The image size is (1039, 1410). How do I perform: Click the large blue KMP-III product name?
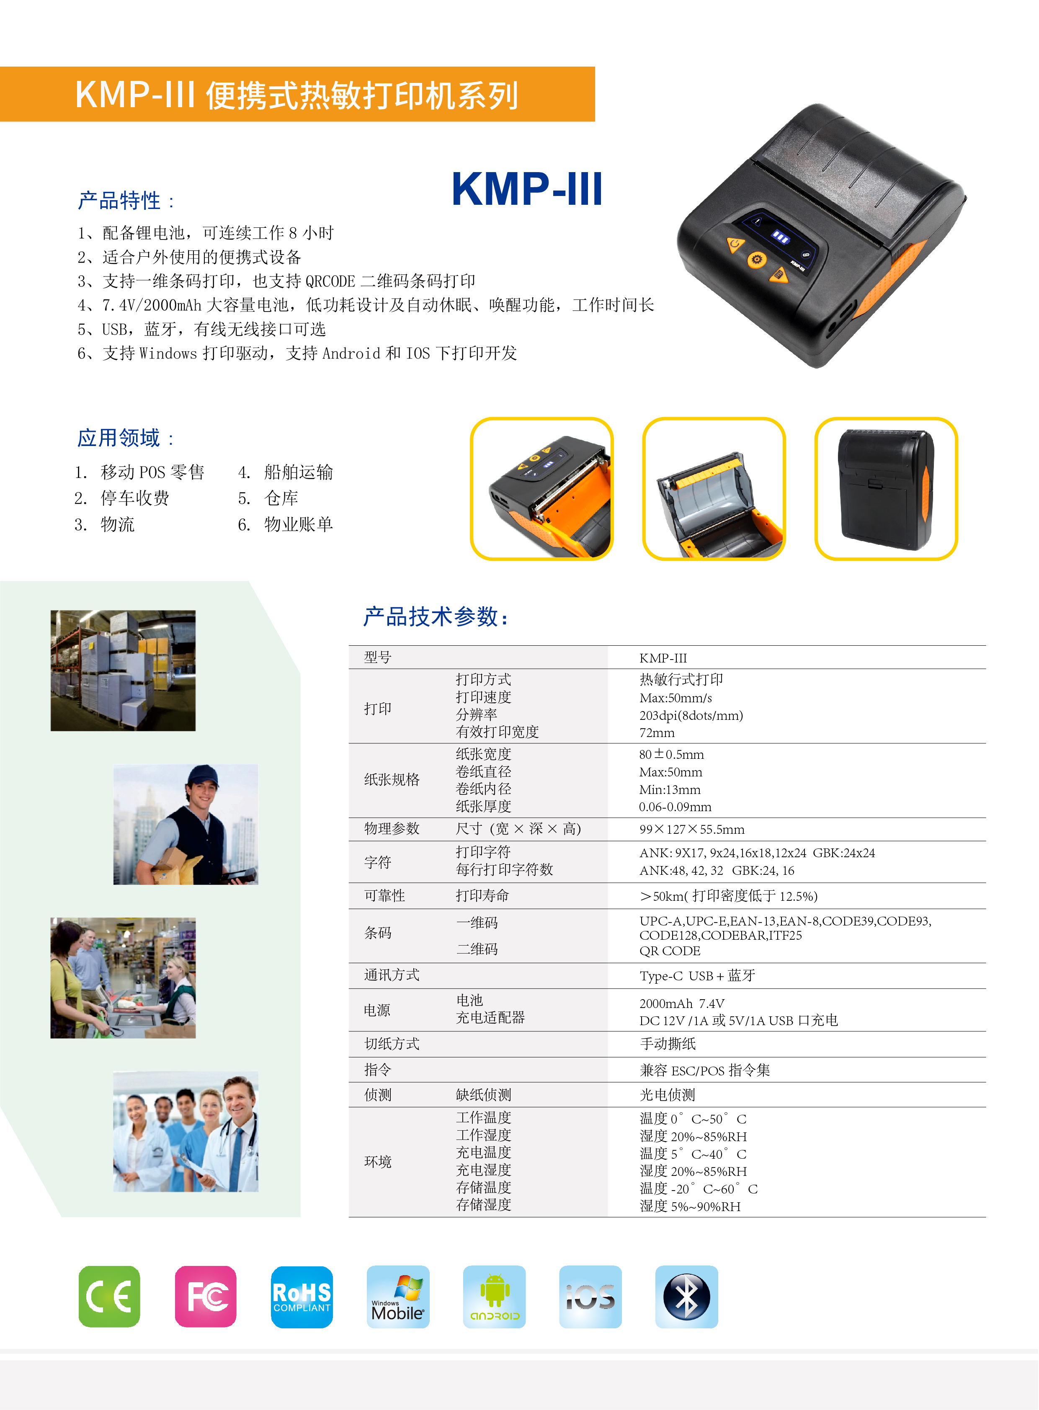(x=527, y=189)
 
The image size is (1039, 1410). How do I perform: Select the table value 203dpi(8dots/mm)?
(x=691, y=715)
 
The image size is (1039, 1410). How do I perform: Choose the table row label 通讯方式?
(x=392, y=975)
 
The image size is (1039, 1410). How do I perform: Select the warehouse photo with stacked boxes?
(x=123, y=670)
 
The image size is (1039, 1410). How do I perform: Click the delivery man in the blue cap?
(x=185, y=825)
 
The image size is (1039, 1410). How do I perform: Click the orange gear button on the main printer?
(x=757, y=259)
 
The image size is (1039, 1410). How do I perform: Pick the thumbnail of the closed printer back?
(x=886, y=489)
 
